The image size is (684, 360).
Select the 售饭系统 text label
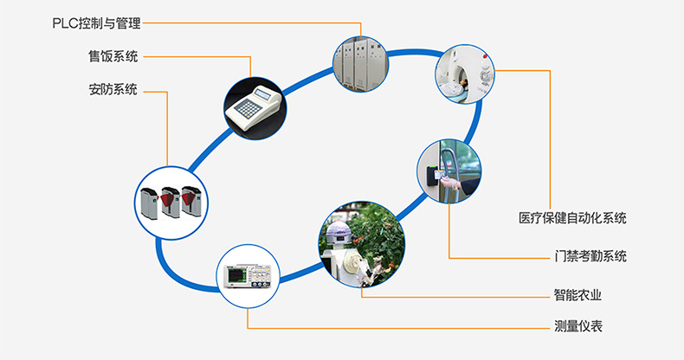113,57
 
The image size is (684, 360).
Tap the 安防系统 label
113,89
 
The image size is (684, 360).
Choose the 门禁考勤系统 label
591,256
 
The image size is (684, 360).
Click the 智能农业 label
578,295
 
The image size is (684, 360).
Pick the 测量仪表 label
578,327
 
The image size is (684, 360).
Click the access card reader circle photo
448,171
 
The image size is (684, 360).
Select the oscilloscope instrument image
248,277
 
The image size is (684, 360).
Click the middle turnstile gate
171,201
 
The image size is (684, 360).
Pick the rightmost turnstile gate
191,201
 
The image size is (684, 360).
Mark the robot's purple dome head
339,231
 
